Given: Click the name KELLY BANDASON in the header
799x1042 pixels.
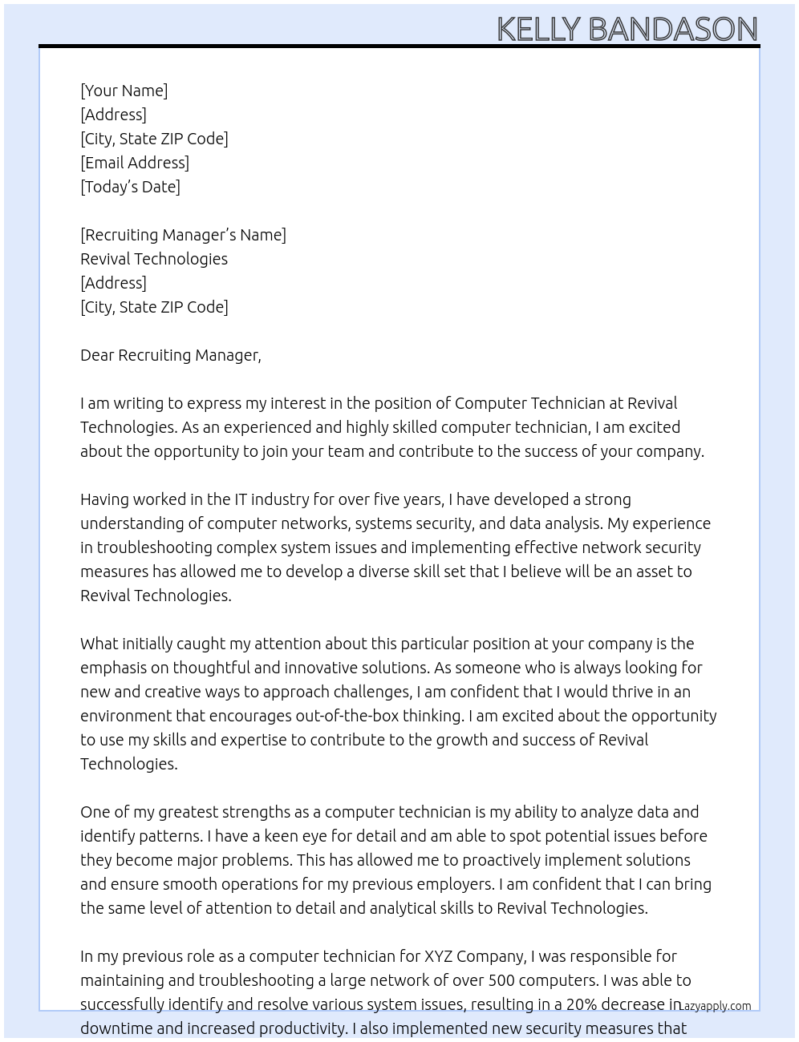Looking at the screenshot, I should tap(627, 29).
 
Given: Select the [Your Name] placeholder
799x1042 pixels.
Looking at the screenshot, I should tap(124, 91).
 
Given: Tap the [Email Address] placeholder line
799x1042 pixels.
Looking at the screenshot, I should tap(135, 163).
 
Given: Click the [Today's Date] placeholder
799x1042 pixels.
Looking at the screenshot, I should tap(130, 187).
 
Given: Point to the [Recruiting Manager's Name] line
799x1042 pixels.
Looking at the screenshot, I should tap(183, 235).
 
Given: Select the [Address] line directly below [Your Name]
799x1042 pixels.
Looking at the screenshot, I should tap(113, 115).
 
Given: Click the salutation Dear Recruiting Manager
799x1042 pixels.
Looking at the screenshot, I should tap(170, 355).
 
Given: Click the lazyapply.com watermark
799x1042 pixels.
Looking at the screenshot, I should tap(715, 1006).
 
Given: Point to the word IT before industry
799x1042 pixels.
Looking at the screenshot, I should tap(241, 499).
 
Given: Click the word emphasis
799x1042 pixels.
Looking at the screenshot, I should tap(113, 668).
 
